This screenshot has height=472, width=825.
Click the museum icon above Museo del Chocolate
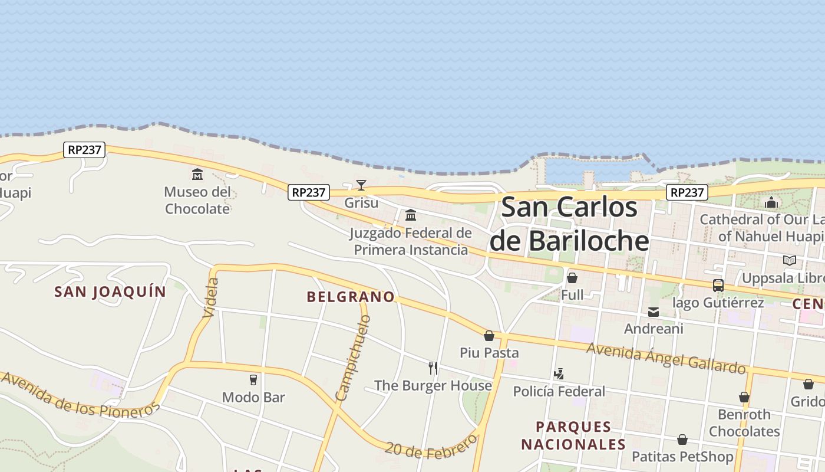coord(197,175)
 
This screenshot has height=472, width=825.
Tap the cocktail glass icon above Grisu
coord(361,185)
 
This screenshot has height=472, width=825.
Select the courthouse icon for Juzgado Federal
coord(411,215)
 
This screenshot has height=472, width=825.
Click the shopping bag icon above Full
coord(572,277)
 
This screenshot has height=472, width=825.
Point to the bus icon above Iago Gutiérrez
coord(718,286)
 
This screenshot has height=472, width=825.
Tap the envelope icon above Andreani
coord(654,312)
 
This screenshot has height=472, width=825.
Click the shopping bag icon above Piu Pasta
coord(489,336)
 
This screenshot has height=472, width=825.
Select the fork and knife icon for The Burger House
coord(433,368)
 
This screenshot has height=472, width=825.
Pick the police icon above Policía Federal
coord(559,373)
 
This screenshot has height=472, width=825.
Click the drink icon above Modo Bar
coord(253,379)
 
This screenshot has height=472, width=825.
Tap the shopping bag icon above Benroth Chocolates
coord(744,397)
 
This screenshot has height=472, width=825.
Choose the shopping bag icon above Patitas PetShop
coord(682,440)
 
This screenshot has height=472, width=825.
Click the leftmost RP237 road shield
coord(84,150)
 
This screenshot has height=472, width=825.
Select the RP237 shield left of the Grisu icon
coord(309,192)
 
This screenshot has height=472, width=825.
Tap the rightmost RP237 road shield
coord(687,192)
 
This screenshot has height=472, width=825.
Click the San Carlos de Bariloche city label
coord(569,224)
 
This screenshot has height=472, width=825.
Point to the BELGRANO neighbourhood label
coord(351,297)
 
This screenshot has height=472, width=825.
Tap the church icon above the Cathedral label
coord(771,203)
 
